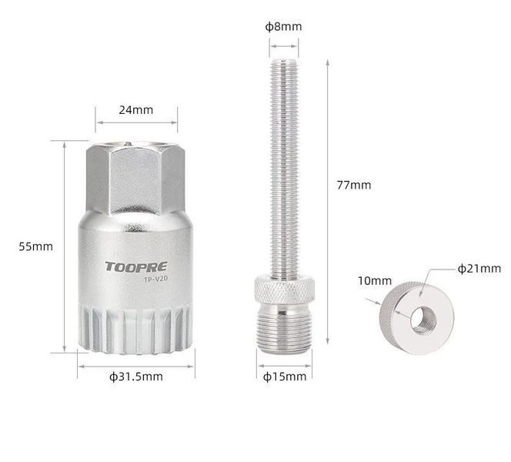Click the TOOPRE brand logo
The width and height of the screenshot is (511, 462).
click(x=136, y=266)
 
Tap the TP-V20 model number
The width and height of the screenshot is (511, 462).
click(x=155, y=280)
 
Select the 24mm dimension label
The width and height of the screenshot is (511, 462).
click(x=136, y=110)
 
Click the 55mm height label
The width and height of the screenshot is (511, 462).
click(x=36, y=246)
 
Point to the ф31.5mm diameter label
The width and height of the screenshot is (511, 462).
click(x=136, y=377)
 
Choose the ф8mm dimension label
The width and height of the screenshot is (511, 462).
click(x=283, y=26)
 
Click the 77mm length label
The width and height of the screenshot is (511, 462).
click(x=354, y=186)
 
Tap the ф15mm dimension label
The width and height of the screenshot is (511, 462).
click(x=285, y=377)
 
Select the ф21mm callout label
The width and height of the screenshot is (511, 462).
click(x=479, y=269)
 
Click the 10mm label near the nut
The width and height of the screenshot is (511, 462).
click(x=375, y=281)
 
